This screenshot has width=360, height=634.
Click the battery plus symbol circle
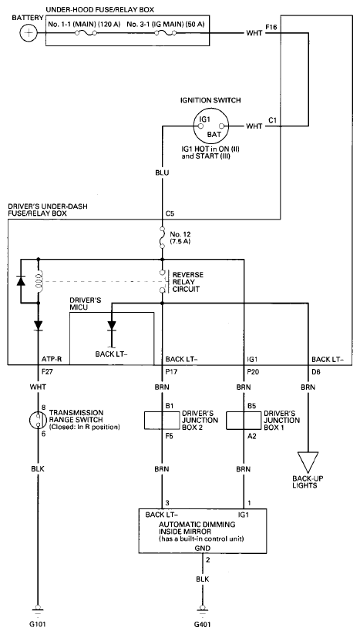tap(29, 33)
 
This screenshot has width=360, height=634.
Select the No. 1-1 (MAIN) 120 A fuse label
tap(85, 24)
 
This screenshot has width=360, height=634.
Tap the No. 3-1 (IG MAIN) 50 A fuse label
tap(166, 24)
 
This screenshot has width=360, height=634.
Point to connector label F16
tap(271, 27)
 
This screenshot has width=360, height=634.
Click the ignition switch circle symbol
tap(210, 126)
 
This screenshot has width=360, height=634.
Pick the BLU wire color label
tap(162, 173)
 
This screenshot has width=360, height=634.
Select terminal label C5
tap(170, 213)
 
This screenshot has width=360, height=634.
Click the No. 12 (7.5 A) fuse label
tap(180, 238)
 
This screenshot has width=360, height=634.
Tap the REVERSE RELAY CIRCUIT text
tap(187, 282)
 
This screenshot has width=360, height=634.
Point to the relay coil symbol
tap(39, 280)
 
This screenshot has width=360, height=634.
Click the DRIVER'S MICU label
tap(86, 304)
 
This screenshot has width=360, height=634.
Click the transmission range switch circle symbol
tap(38, 421)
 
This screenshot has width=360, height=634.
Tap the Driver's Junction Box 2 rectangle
tap(162, 421)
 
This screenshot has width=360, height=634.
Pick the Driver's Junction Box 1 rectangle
tap(243, 421)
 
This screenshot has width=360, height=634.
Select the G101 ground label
tap(38, 624)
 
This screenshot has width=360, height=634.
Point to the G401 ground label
tap(202, 624)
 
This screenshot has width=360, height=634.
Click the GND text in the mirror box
tap(202, 548)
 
